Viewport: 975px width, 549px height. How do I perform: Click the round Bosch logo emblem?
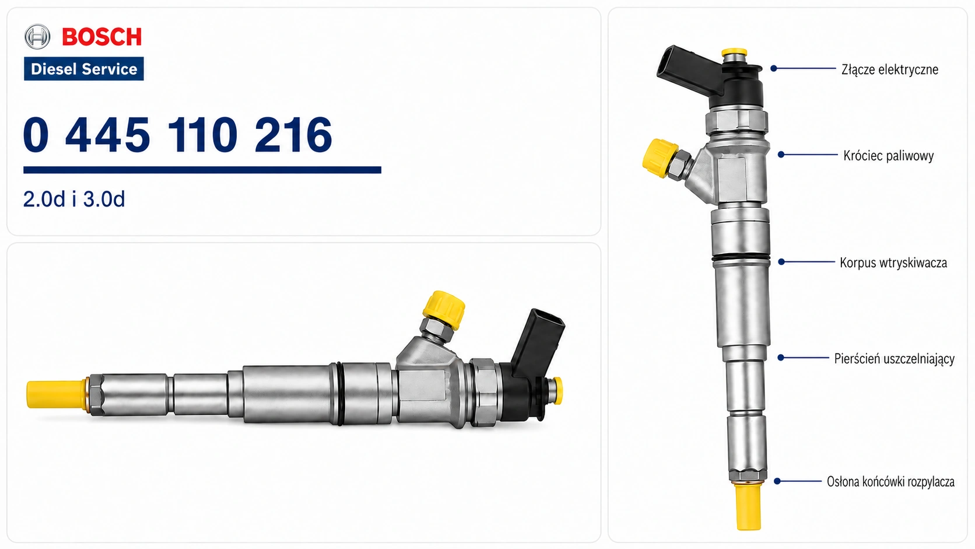pyautogui.click(x=37, y=37)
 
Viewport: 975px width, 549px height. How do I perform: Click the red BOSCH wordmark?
pyautogui.click(x=102, y=37)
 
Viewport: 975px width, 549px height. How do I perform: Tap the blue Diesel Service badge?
pyautogui.click(x=83, y=69)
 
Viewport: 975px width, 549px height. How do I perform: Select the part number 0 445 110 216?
pyautogui.click(x=178, y=135)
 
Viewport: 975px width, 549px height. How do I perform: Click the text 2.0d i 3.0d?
pyautogui.click(x=74, y=200)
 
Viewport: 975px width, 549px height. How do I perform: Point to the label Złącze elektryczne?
pyautogui.click(x=890, y=69)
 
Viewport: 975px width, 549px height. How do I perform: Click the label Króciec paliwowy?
pyautogui.click(x=888, y=156)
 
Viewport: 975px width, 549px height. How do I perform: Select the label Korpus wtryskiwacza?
pyautogui.click(x=893, y=263)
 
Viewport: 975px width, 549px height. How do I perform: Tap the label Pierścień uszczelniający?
pyautogui.click(x=894, y=359)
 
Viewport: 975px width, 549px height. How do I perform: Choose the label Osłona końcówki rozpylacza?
pyautogui.click(x=890, y=481)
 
